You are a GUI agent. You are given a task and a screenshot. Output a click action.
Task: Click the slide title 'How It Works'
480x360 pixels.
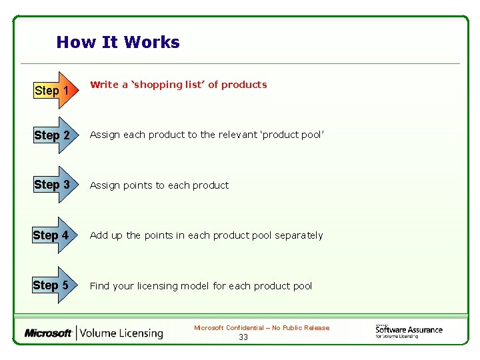click(x=118, y=43)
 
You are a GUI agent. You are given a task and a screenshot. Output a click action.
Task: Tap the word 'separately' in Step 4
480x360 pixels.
click(x=298, y=235)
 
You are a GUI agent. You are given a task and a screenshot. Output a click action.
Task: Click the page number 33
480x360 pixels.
click(x=243, y=337)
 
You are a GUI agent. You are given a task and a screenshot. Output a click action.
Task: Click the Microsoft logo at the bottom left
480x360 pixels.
click(x=48, y=333)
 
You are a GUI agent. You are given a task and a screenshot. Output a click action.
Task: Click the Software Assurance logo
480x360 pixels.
click(x=409, y=331)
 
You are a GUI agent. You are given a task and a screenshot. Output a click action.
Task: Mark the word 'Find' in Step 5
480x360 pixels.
click(x=99, y=286)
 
